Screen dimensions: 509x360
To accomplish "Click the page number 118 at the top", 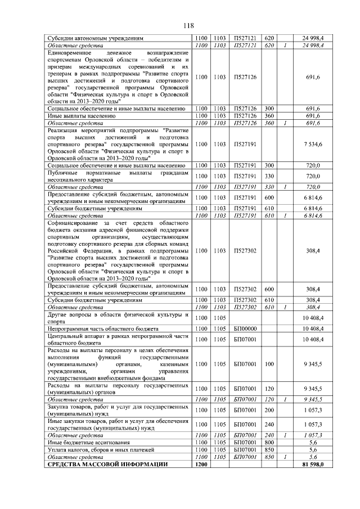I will [x=188, y=25].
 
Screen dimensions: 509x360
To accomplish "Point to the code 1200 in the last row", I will [x=202, y=464].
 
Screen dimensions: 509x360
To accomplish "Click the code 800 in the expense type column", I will [x=269, y=443].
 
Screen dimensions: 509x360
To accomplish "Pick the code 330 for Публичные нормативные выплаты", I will [x=269, y=176].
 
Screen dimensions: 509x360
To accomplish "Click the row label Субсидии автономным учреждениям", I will [x=88, y=38].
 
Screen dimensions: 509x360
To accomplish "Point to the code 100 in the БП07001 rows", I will [x=269, y=364].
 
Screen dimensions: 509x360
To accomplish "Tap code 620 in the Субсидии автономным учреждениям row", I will [x=269, y=38].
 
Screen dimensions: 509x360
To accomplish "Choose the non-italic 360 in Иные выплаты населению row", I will [x=269, y=115].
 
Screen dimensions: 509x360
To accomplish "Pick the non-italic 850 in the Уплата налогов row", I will [x=269, y=450].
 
